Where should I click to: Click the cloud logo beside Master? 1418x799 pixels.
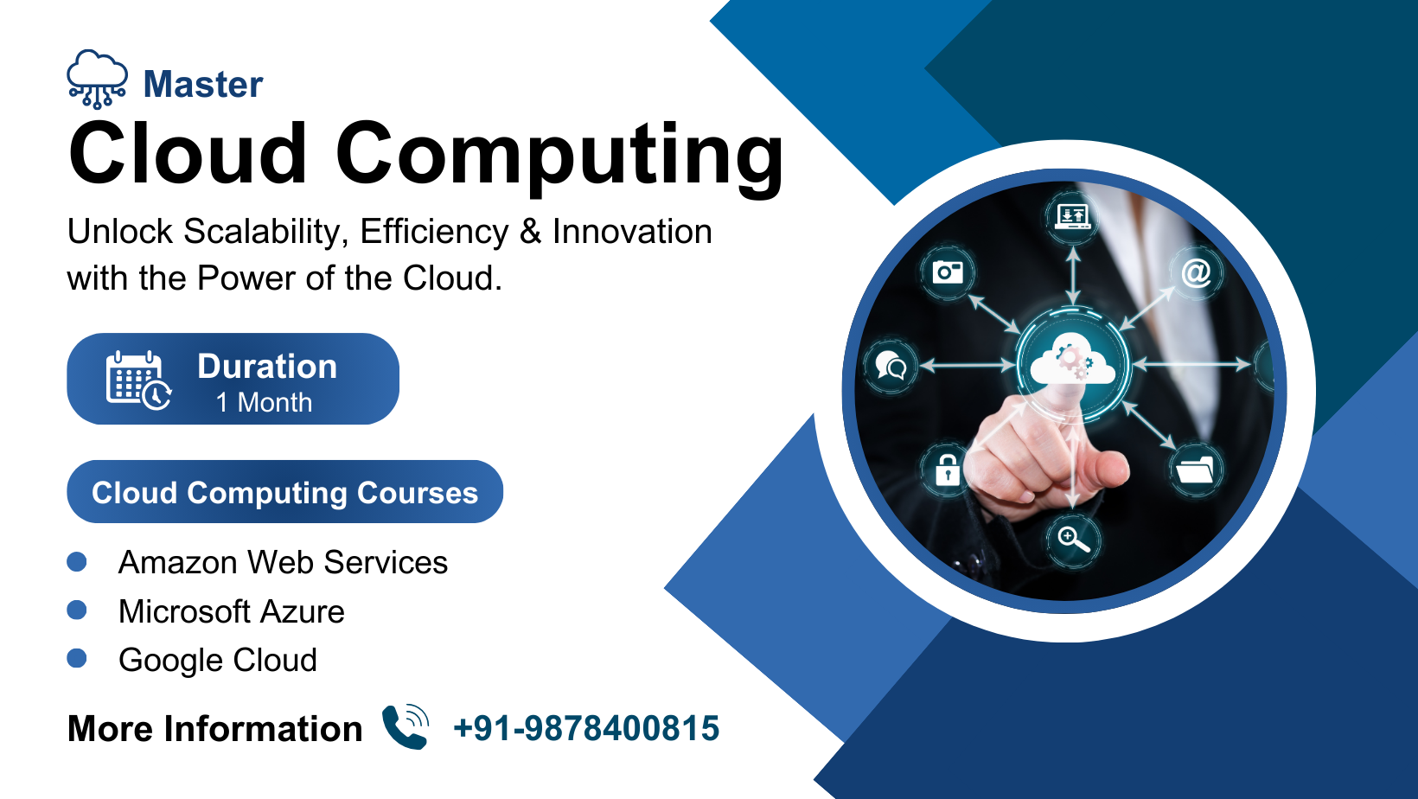tap(97, 80)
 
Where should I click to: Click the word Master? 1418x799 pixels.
tap(203, 84)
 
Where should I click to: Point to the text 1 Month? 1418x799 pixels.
tap(264, 403)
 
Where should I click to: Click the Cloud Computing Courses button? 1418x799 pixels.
tap(284, 492)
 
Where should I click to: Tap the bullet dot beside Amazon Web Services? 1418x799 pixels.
tap(77, 561)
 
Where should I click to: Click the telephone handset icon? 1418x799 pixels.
tap(406, 727)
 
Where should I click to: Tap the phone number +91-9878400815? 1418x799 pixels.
tap(586, 728)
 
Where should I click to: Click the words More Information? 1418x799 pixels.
tap(214, 729)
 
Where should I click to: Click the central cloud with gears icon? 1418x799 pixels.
tap(1072, 362)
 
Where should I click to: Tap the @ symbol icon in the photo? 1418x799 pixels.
tap(1196, 273)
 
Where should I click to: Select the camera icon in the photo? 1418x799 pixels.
tap(948, 272)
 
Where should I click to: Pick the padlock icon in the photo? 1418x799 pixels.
tap(947, 470)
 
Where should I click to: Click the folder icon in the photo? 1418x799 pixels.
tap(1195, 470)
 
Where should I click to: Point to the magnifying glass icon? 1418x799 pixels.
tap(1074, 540)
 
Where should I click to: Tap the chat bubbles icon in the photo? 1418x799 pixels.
tap(891, 365)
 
